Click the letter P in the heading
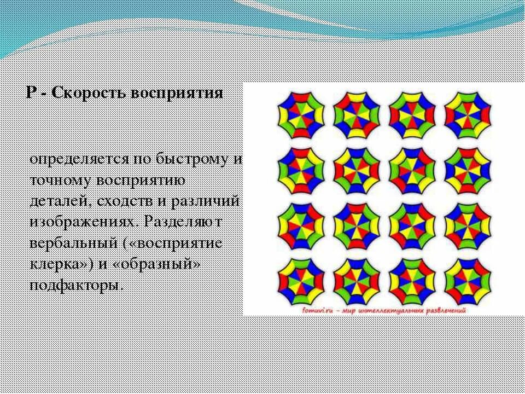(x=31, y=93)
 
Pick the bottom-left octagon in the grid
(x=301, y=281)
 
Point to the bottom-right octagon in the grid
(x=468, y=281)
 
